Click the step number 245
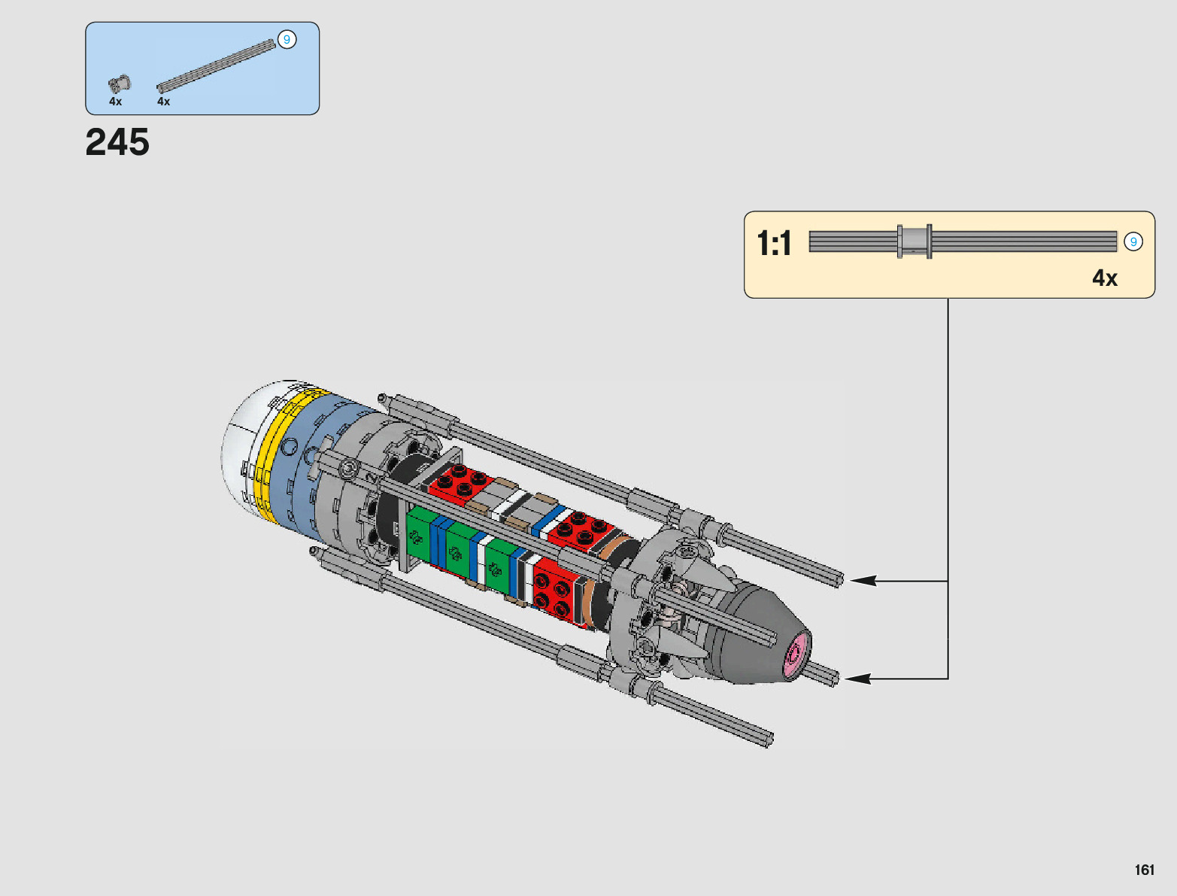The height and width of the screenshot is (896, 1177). tap(117, 142)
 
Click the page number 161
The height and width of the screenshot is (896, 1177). tap(1145, 870)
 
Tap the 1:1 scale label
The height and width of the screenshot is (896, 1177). tap(774, 244)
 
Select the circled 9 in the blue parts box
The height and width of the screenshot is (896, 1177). tap(287, 40)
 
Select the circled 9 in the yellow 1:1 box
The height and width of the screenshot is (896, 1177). tap(1133, 241)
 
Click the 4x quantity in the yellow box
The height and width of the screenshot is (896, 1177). tap(1105, 278)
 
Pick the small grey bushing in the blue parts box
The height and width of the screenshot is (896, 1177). tap(119, 84)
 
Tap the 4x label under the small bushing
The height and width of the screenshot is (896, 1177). tap(115, 102)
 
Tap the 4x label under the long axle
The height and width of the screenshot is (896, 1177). tap(163, 102)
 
